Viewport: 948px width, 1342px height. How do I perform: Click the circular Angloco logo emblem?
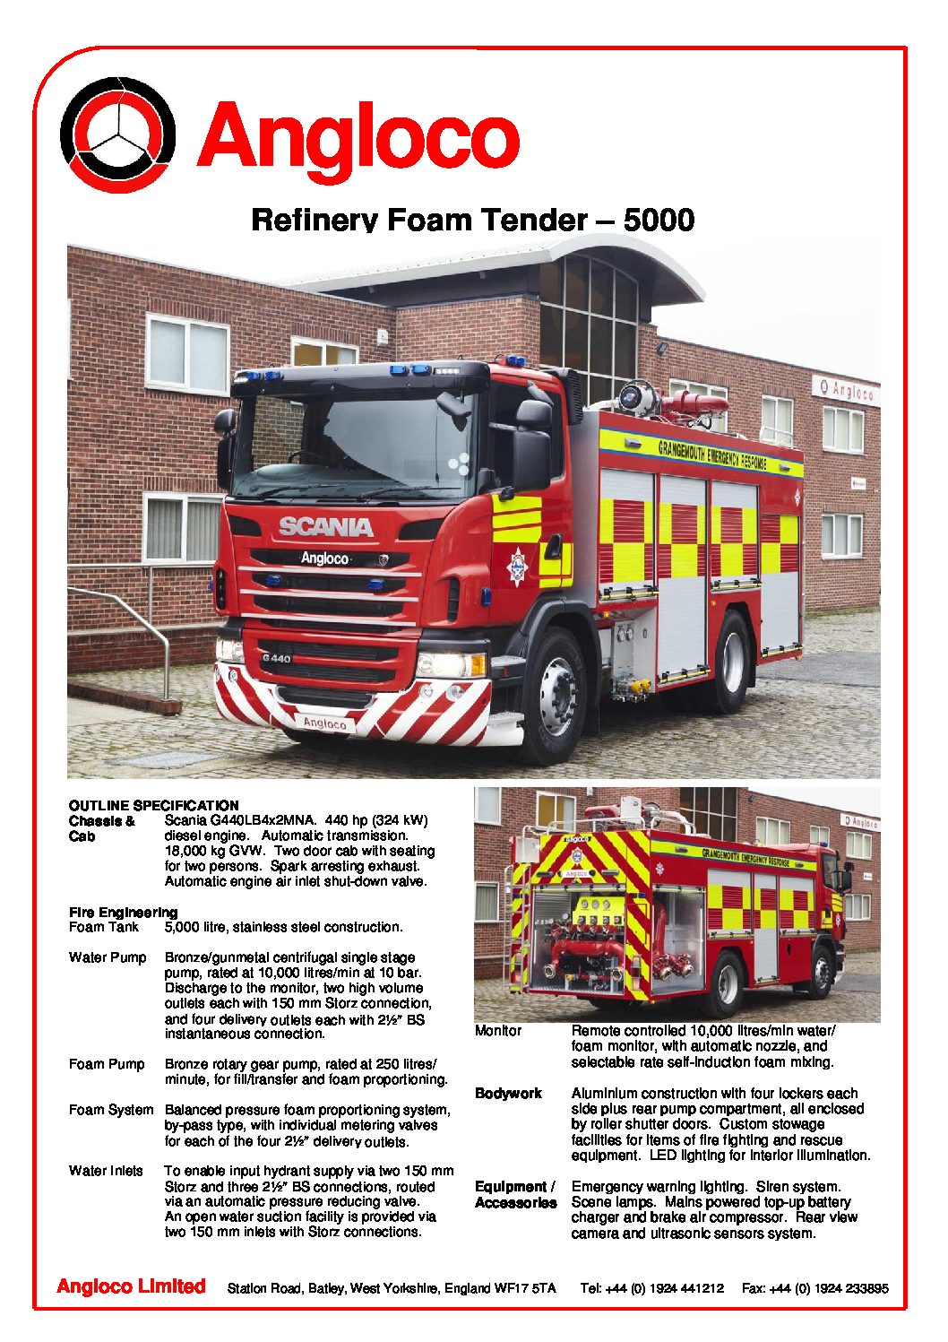point(117,134)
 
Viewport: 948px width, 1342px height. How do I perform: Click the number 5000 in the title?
point(659,220)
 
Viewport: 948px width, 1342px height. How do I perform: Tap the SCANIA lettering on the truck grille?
point(325,526)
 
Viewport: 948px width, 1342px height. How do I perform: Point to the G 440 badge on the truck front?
point(276,659)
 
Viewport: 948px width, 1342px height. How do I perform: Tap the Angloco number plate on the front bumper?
point(324,723)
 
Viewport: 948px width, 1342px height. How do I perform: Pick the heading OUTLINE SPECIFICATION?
point(153,805)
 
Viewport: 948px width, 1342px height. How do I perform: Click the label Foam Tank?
point(104,927)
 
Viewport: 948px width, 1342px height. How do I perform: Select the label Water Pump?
point(108,957)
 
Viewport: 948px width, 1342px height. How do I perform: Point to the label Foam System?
point(111,1110)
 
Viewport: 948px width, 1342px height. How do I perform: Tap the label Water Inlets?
point(106,1171)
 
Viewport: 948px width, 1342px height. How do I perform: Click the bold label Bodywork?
point(508,1094)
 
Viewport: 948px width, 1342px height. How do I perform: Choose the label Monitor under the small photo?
point(498,1031)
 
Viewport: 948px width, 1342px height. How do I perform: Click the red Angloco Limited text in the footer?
point(131,1286)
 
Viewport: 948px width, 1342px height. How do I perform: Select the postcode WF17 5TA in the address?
point(525,1288)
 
